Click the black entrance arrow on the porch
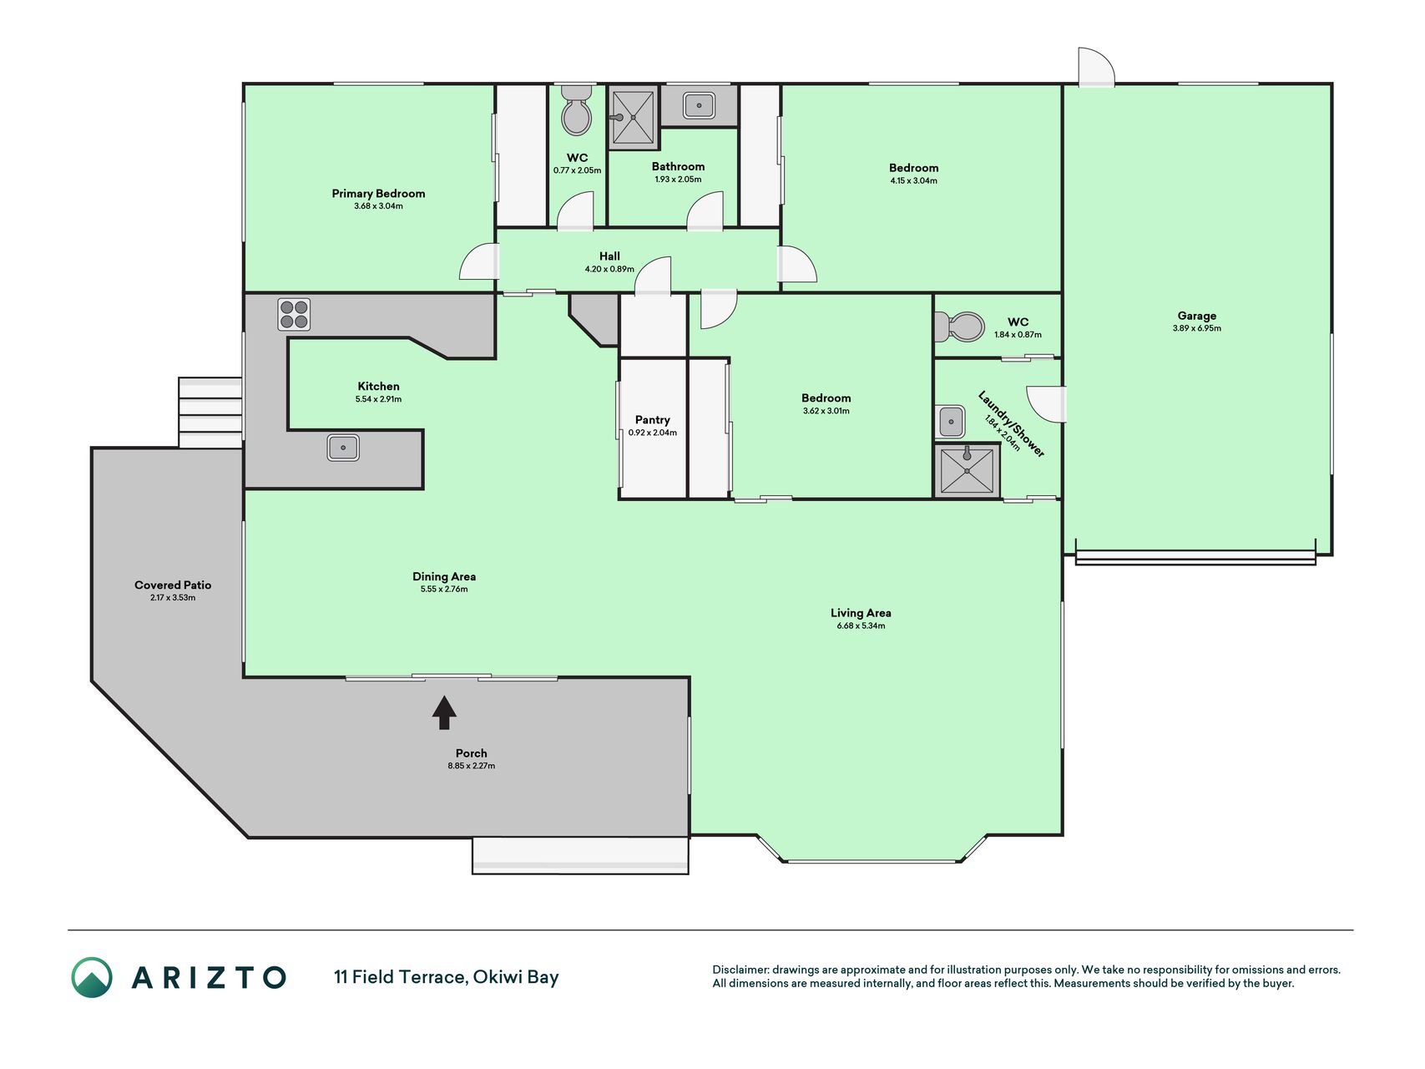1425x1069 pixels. point(444,712)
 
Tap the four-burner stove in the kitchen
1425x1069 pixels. point(294,315)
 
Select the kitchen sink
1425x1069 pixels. point(343,448)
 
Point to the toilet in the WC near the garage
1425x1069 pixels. point(959,327)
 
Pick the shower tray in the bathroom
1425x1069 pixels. point(632,118)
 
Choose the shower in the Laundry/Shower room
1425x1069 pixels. point(967,471)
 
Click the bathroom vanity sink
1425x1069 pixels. point(699,105)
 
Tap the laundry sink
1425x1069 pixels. point(952,422)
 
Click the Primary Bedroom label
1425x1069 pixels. point(378,194)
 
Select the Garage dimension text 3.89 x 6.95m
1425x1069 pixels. point(1196,328)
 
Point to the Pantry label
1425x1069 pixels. point(652,420)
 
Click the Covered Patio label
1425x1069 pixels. point(173,585)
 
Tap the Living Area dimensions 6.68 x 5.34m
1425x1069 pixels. point(861,626)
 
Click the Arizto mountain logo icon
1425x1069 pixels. point(92,977)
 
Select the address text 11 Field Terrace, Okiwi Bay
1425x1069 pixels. point(447,977)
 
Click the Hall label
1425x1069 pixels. point(609,256)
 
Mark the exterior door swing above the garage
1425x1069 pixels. point(1096,67)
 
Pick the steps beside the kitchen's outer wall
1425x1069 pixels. point(210,413)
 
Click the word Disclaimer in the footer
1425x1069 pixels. point(740,970)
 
